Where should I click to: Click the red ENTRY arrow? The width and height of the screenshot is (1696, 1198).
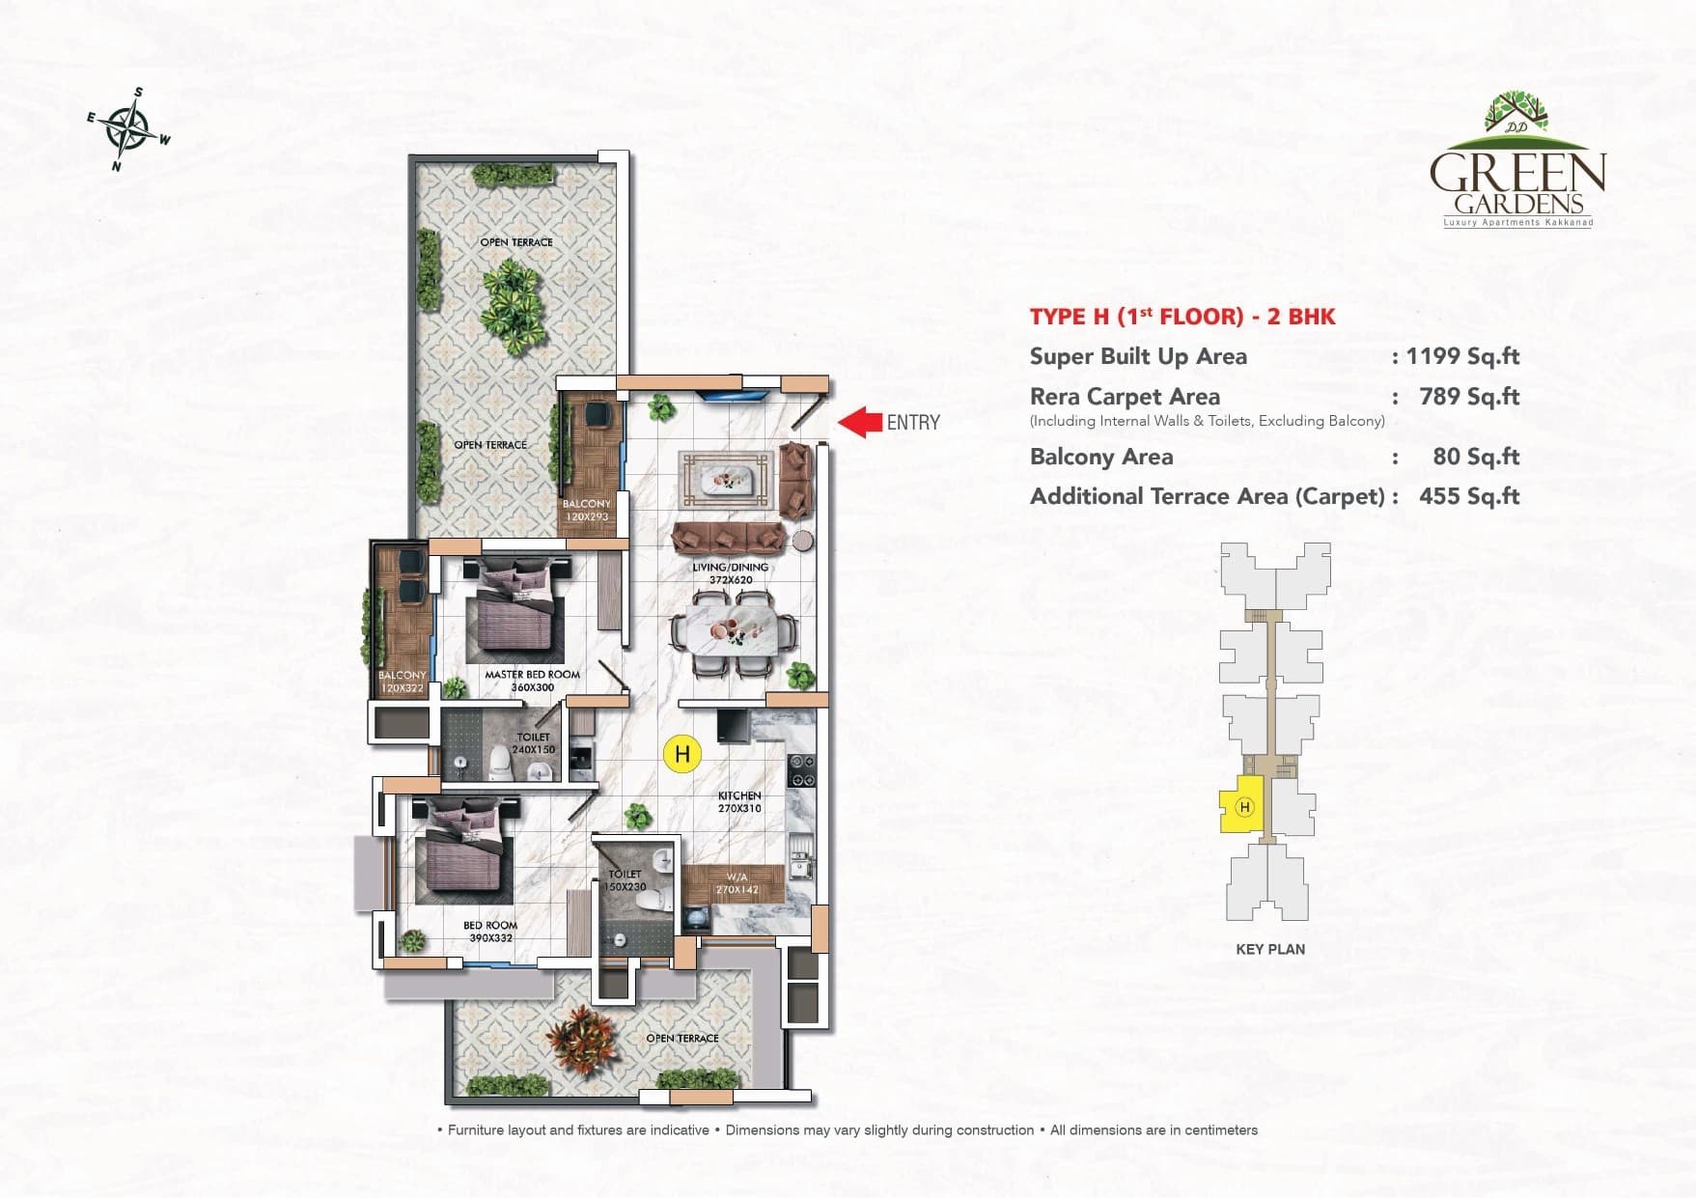click(859, 422)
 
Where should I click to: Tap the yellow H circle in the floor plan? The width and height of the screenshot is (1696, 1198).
click(682, 754)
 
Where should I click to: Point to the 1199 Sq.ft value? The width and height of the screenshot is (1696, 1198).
click(1461, 356)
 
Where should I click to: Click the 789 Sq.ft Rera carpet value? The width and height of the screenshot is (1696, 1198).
click(1468, 397)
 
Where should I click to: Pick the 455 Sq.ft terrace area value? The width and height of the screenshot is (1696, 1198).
click(1468, 496)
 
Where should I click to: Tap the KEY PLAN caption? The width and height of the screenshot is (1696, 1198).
click(1269, 949)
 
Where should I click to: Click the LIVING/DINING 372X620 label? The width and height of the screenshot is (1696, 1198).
click(731, 573)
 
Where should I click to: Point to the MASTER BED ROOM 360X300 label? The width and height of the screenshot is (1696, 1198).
click(532, 681)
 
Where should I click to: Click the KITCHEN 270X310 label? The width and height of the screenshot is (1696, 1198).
click(739, 802)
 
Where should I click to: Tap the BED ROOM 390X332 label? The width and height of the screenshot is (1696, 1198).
click(490, 931)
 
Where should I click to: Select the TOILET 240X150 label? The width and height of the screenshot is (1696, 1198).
click(533, 742)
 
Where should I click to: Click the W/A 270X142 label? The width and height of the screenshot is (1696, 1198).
click(737, 883)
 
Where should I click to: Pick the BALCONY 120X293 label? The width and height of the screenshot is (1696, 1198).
click(587, 510)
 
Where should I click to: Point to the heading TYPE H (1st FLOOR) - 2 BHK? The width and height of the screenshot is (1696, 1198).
click(1182, 317)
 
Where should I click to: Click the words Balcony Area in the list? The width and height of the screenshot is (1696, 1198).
click(1101, 457)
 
